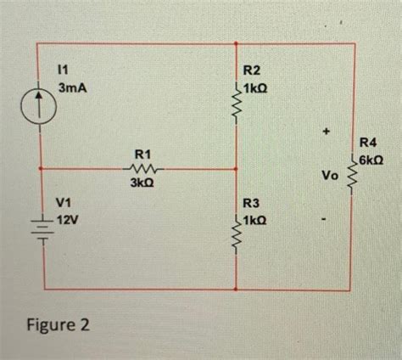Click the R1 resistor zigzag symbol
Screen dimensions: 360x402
(142, 168)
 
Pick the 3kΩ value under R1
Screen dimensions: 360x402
(142, 183)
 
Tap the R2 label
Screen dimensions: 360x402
(253, 72)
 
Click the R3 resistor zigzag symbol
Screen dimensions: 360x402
(237, 235)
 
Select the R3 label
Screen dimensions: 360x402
(253, 203)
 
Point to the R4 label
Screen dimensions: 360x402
(371, 143)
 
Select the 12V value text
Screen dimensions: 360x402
(69, 218)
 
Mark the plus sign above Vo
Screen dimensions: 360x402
(326, 131)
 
